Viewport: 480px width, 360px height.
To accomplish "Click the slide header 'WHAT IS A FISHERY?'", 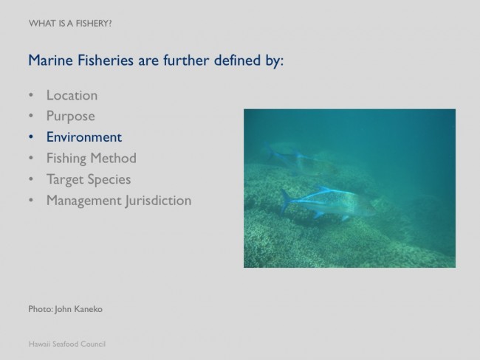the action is point(70,24).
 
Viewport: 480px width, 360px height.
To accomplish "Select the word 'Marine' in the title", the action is point(50,60).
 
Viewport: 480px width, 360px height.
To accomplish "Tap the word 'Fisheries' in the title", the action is point(106,60).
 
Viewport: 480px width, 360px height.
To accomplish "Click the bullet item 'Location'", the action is point(72,95).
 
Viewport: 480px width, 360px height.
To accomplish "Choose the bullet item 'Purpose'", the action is point(71,117).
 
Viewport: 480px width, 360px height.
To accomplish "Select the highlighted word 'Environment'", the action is point(84,137).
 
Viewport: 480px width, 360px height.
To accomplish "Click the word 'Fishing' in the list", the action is point(66,159).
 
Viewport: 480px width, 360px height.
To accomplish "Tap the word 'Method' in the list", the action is point(113,158).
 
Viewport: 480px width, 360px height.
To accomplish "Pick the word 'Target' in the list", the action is point(66,179).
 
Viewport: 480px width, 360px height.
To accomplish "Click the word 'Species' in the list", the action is point(109,179).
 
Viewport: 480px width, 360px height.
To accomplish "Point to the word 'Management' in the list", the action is point(84,201).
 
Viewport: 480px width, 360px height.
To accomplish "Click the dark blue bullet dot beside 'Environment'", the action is point(30,137).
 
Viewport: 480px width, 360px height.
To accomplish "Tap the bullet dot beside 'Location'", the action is point(30,95).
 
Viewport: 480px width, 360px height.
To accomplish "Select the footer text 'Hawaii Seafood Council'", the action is point(67,344).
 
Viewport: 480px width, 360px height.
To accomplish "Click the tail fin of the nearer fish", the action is point(286,201).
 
